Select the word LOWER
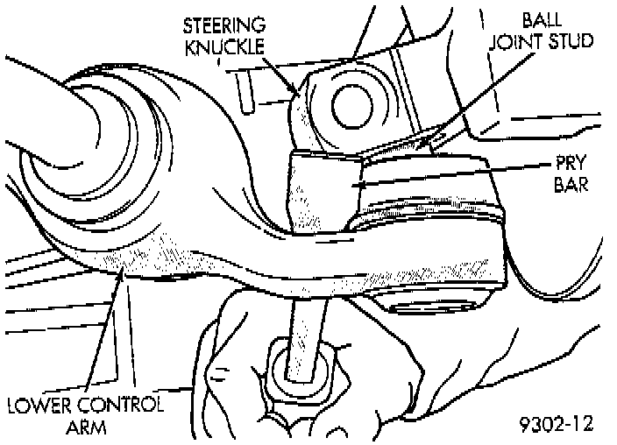pyautogui.click(x=41, y=406)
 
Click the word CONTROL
pyautogui.click(x=121, y=406)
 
